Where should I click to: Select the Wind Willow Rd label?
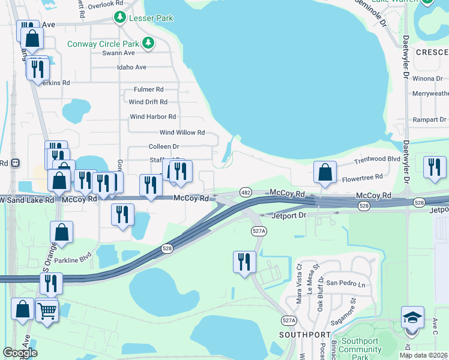click(182, 132)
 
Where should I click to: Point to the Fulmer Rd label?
click(149, 89)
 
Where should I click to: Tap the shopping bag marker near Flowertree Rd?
click(325, 172)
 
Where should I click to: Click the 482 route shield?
click(246, 191)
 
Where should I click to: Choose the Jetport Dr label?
click(289, 215)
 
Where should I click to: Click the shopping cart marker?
click(47, 310)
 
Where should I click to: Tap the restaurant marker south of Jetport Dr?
click(244, 262)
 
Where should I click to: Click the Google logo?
click(20, 353)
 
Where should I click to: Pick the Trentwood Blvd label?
click(377, 160)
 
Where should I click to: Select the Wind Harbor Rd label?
click(153, 117)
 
